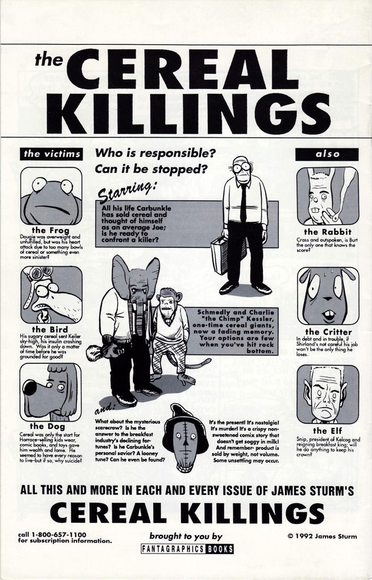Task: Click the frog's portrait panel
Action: tap(51, 196)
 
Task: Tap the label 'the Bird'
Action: tap(50, 330)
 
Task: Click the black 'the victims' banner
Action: tap(52, 154)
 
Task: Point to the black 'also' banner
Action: tap(327, 154)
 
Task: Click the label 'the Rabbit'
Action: tap(328, 232)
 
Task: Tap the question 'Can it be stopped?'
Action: tap(151, 170)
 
